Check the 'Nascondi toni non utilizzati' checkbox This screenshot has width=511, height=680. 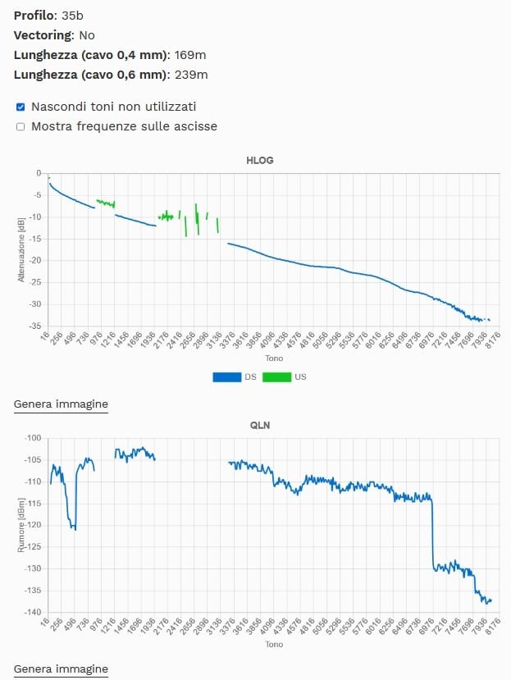[x=21, y=107]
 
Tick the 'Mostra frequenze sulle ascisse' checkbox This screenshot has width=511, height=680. [x=21, y=127]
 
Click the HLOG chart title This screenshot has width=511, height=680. [x=259, y=160]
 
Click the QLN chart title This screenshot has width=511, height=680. [x=259, y=425]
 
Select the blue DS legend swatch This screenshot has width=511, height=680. [x=226, y=377]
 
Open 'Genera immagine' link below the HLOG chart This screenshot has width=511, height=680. [x=61, y=404]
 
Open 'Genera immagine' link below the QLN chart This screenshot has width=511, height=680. [x=61, y=669]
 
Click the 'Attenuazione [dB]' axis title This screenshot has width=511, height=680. [x=21, y=249]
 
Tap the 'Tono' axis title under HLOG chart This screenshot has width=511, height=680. [x=274, y=358]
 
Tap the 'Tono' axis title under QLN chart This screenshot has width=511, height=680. [x=274, y=645]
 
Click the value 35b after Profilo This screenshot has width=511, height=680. [x=73, y=16]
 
